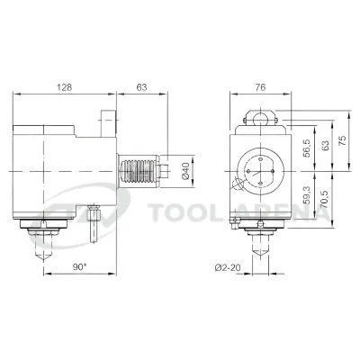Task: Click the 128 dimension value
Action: (x=65, y=87)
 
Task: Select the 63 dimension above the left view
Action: (x=141, y=87)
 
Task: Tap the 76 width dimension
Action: (x=260, y=87)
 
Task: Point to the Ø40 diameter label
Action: (x=185, y=171)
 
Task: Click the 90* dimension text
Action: (x=79, y=267)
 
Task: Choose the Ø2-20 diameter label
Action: (x=228, y=267)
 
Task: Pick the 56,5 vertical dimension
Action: (x=307, y=148)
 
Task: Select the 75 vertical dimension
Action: (x=342, y=140)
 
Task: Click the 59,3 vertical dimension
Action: (x=307, y=194)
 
